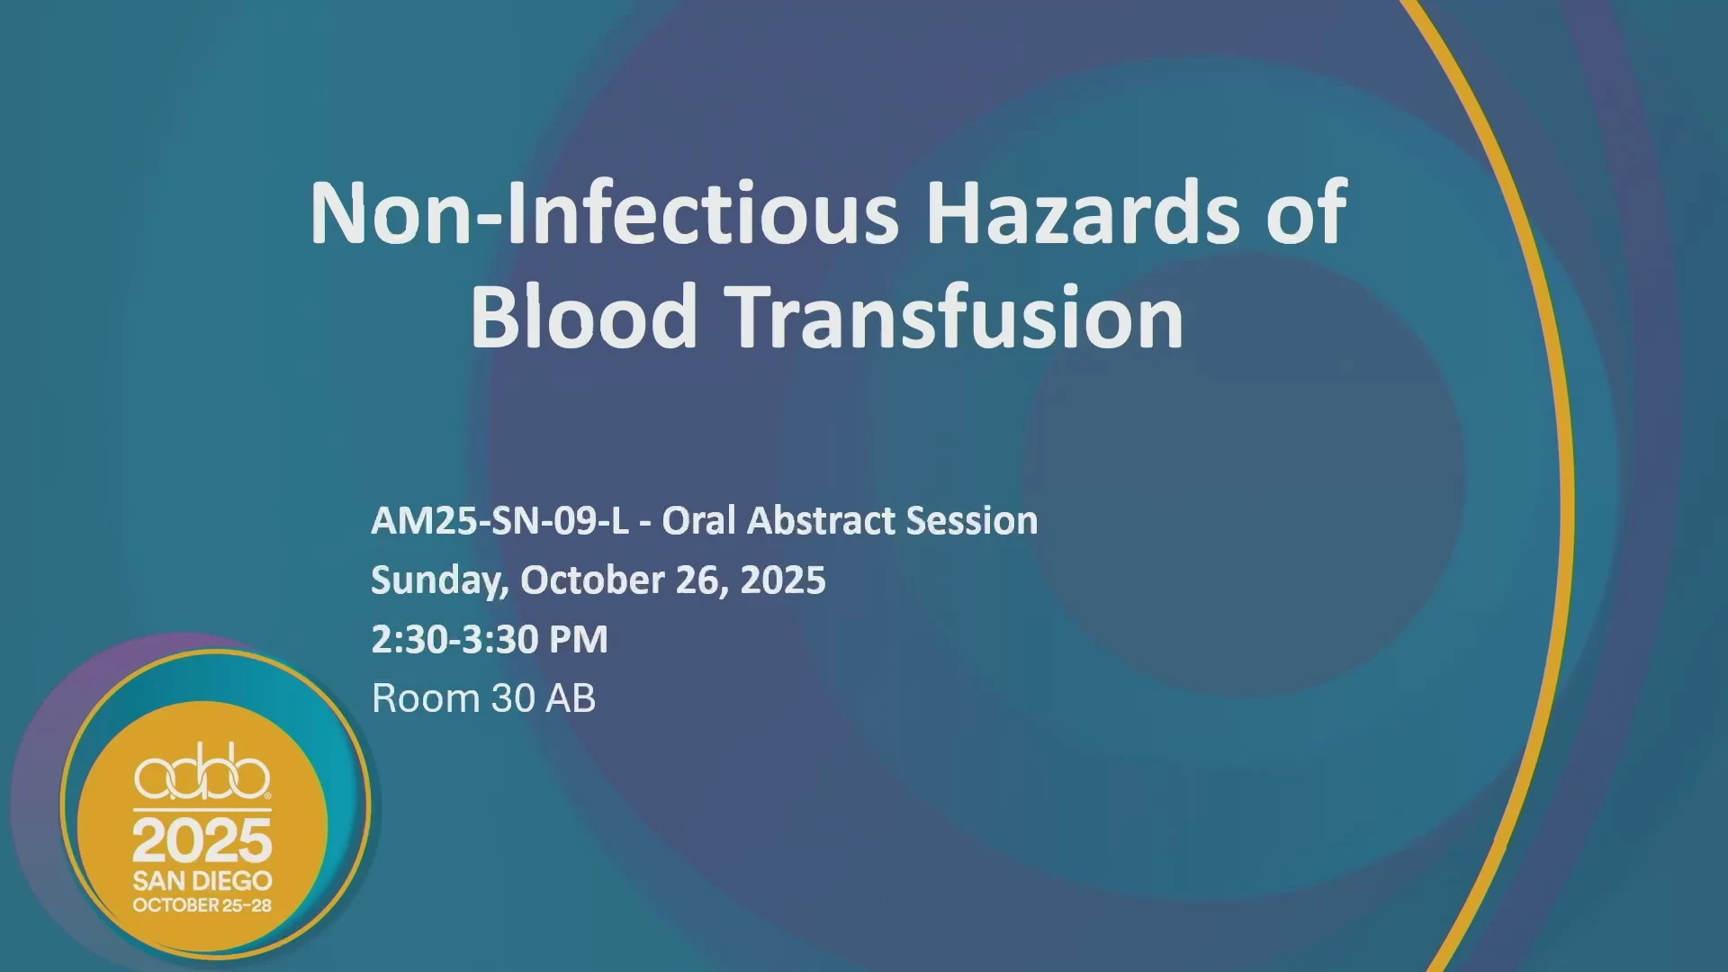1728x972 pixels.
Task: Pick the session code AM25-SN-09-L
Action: coord(500,521)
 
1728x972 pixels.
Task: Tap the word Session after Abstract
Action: coord(972,521)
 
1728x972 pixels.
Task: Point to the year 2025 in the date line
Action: coord(783,580)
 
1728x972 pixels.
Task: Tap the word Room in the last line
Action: coord(426,699)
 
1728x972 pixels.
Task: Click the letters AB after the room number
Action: coord(571,699)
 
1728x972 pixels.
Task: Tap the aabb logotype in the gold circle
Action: coord(202,772)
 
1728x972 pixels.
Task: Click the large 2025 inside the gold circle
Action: coord(202,841)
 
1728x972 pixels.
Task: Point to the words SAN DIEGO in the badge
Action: coord(202,881)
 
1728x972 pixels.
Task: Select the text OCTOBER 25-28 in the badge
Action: coord(202,905)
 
